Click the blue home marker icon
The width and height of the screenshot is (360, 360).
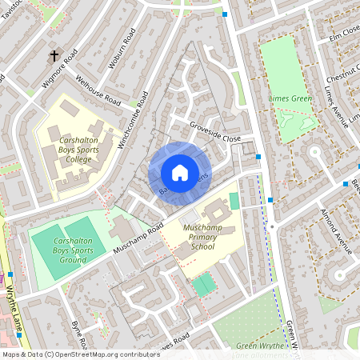pos(179,172)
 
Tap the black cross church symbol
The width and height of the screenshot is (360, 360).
pos(55,56)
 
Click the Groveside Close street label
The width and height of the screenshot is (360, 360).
pos(215,133)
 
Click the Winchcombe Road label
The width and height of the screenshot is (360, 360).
pos(134,120)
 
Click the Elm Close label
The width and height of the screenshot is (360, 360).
pos(343,35)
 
